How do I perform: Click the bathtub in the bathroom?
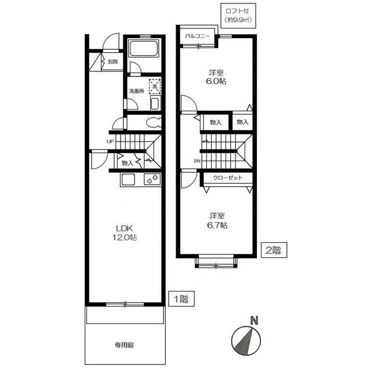click(x=143, y=49)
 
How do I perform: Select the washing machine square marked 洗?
click(x=155, y=86)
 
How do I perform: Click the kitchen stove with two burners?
click(x=152, y=179)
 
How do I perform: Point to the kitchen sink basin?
click(x=128, y=180)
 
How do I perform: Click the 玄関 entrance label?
click(x=112, y=62)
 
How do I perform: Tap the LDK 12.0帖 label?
click(x=125, y=233)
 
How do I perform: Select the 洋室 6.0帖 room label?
click(x=216, y=77)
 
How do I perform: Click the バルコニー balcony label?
click(x=197, y=37)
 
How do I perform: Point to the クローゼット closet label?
click(x=228, y=177)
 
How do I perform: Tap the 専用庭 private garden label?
click(x=125, y=345)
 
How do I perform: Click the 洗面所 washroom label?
click(x=137, y=91)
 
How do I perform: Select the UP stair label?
click(x=110, y=141)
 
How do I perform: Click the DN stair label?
click(x=197, y=161)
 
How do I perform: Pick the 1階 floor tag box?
click(x=181, y=299)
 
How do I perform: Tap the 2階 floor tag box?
click(x=274, y=250)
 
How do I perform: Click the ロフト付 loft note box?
click(x=238, y=16)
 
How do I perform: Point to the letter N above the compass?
click(x=254, y=321)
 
